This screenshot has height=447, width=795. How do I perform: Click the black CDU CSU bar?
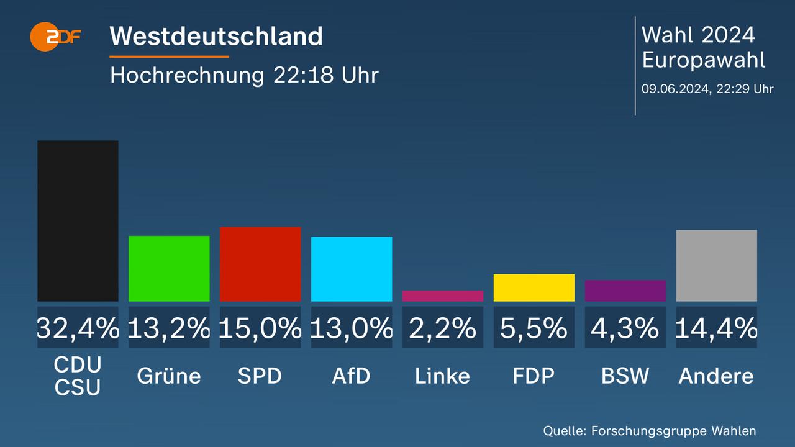[x=78, y=220]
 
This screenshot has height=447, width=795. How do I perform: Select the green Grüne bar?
[x=169, y=268]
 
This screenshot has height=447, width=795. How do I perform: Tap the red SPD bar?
[x=260, y=264]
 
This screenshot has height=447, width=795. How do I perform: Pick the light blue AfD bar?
[x=352, y=269]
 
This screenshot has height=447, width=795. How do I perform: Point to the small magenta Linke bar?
[x=443, y=296]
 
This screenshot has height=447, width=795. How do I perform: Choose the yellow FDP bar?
[x=534, y=287]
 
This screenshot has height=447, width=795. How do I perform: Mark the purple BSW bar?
[x=625, y=291]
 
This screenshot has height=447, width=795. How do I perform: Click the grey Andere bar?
[x=717, y=265]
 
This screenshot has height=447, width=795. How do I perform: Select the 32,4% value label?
[x=78, y=328]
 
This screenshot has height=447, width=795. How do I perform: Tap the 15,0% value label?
[x=260, y=328]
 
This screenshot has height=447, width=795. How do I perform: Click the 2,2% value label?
[x=443, y=328]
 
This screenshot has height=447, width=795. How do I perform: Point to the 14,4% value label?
[x=717, y=328]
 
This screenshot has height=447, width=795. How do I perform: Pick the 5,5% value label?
[x=534, y=328]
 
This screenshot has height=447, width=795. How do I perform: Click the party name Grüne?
[x=169, y=376]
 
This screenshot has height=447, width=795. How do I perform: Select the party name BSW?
[x=625, y=376]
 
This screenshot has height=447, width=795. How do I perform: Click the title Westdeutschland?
[x=216, y=36]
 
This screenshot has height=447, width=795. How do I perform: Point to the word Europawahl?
[x=703, y=60]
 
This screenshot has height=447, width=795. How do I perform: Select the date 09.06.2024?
[x=675, y=89]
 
